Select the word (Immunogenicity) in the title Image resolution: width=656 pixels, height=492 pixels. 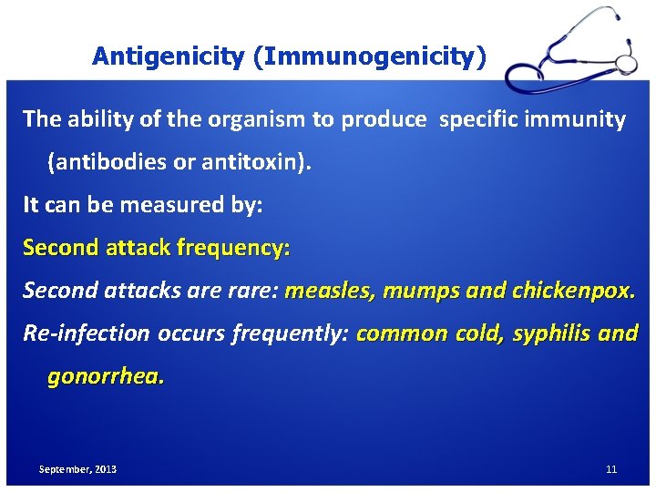pyautogui.click(x=370, y=56)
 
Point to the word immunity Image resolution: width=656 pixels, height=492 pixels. pyautogui.click(x=580, y=119)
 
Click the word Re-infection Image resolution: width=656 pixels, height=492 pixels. pyautogui.click(x=87, y=333)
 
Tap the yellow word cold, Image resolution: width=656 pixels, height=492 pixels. pyautogui.click(x=476, y=333)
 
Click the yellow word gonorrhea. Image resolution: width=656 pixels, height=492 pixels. pyautogui.click(x=106, y=376)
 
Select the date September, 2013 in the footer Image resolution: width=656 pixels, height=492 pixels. pyautogui.click(x=77, y=469)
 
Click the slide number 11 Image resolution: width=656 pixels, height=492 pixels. pyautogui.click(x=610, y=469)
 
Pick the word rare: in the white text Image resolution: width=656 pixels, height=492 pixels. pyautogui.click(x=251, y=291)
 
